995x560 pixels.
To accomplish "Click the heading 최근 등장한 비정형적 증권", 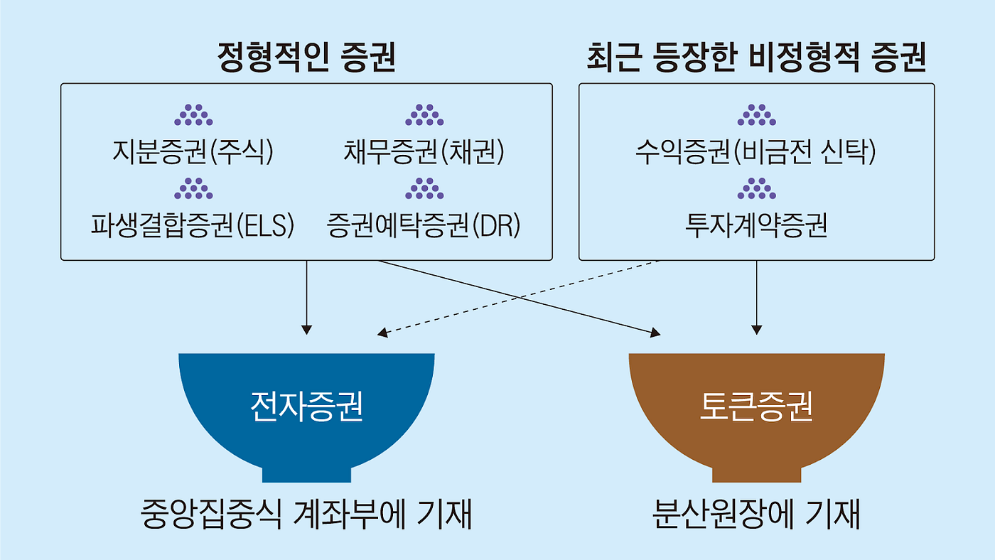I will pyautogui.click(x=756, y=59).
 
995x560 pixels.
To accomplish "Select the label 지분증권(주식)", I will pyautogui.click(x=193, y=152).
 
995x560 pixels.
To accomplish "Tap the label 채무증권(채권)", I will pyautogui.click(x=424, y=152).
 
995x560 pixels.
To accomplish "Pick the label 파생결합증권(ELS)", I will pyautogui.click(x=193, y=225).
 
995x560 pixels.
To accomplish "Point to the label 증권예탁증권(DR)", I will pyautogui.click(x=424, y=225).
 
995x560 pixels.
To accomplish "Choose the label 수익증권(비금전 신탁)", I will pyautogui.click(x=756, y=152).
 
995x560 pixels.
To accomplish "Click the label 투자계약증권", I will pyautogui.click(x=756, y=225).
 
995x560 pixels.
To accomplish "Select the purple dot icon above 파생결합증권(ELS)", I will pyautogui.click(x=193, y=188).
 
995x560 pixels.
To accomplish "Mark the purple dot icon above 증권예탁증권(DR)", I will pyautogui.click(x=424, y=188).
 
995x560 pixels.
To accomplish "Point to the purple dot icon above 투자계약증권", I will pyautogui.click(x=756, y=188).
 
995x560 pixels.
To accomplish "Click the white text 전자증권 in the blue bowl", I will pyautogui.click(x=306, y=407).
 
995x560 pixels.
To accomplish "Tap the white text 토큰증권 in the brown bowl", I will pyautogui.click(x=756, y=407).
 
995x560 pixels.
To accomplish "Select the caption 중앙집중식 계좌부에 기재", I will pyautogui.click(x=306, y=515).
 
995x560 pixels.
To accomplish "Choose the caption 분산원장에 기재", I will pyautogui.click(x=756, y=515).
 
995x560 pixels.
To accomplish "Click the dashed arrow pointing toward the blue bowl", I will pyautogui.click(x=519, y=296).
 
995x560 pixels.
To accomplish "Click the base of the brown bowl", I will pyautogui.click(x=756, y=474).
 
